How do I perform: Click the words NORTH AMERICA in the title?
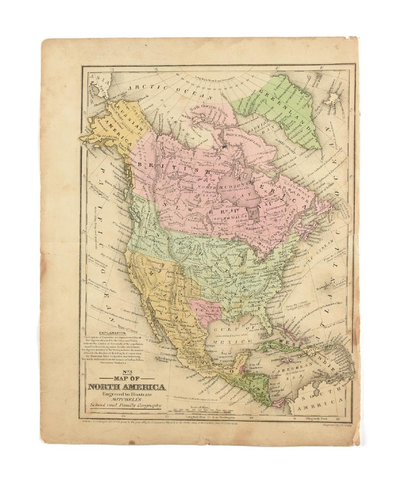[127, 387]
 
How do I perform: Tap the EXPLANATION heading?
[116, 333]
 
